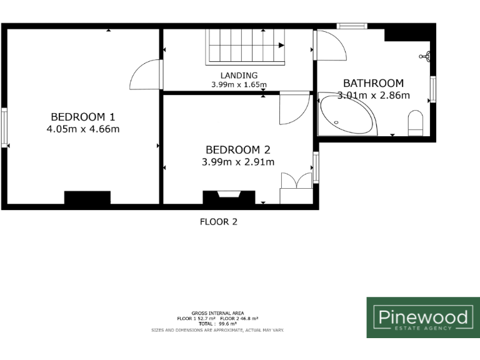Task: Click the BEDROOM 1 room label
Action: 82,116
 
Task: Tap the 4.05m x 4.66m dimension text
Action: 82,129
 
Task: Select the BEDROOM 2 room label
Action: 238,149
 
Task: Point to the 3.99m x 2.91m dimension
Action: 238,162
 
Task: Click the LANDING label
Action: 239,75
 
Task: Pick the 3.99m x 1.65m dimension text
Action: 239,84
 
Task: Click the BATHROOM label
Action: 373,82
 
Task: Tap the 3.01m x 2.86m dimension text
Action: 373,96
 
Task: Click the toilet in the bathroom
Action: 416,122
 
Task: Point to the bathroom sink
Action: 427,56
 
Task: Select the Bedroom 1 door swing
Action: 145,75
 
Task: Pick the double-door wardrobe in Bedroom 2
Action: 296,188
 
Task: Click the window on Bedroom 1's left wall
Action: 4,128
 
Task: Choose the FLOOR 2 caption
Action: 218,221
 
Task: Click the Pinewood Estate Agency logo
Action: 422,317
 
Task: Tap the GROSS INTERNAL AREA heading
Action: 217,312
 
